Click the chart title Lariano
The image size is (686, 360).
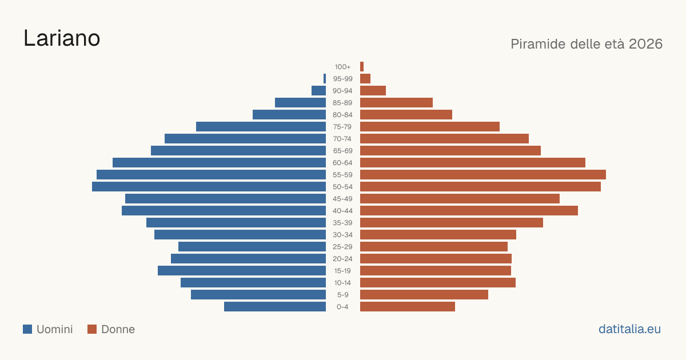(62, 38)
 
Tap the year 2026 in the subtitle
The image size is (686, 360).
(645, 44)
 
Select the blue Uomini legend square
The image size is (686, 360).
(27, 329)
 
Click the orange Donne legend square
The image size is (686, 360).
(92, 329)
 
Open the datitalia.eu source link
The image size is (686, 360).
(629, 329)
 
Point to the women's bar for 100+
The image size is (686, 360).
(362, 66)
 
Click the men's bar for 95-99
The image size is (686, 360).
(325, 78)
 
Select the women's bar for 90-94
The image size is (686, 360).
(373, 91)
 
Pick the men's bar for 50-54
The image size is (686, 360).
(209, 187)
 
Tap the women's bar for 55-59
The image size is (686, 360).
(483, 174)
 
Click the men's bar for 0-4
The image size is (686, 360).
(275, 307)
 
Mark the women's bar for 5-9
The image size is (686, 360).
(424, 294)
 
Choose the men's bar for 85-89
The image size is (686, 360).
(301, 102)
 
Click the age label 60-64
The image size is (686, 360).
(342, 163)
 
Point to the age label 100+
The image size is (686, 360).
(342, 67)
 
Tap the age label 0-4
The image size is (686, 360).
(342, 307)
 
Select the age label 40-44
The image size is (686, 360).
(342, 211)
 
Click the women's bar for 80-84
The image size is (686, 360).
(406, 114)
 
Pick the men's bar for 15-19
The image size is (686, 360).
(242, 271)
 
